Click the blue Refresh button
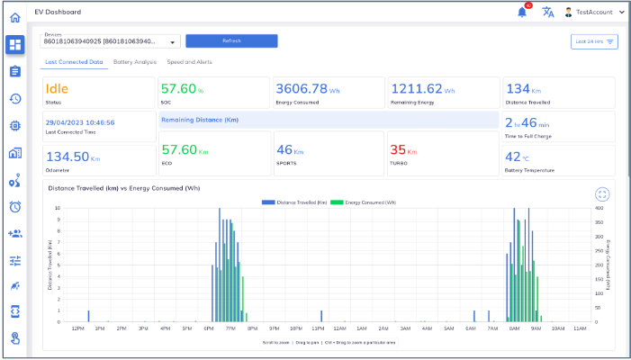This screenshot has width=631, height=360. point(231,40)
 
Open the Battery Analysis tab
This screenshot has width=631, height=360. point(135,62)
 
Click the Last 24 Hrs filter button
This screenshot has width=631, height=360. point(594,41)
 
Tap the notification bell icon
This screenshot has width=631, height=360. point(522,13)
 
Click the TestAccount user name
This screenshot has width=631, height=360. point(594,13)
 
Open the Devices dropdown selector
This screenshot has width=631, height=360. point(112,40)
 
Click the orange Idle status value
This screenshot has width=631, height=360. point(58,89)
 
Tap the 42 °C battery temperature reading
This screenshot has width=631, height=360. point(519,157)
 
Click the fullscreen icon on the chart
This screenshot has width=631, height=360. point(603,194)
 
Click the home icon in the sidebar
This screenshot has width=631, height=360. point(15,18)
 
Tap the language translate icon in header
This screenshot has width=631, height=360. point(547,13)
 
